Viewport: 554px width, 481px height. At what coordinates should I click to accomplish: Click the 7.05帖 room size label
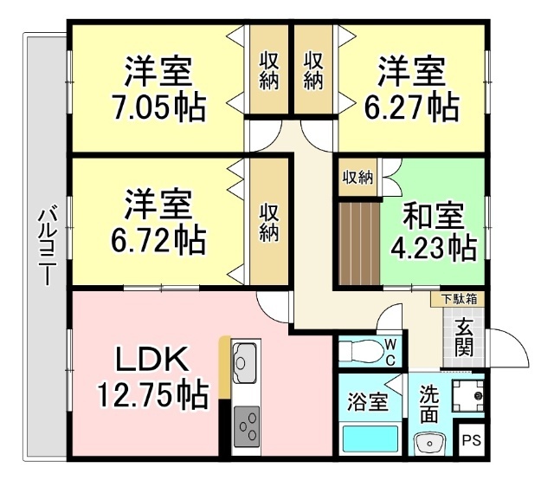158,107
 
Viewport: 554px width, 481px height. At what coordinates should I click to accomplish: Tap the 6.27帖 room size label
412,107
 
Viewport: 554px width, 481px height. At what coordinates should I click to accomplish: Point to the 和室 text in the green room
434,217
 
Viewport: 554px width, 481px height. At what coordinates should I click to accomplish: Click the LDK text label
152,360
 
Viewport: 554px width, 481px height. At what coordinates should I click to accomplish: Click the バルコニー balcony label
48,244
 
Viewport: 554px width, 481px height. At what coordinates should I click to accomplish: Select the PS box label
472,440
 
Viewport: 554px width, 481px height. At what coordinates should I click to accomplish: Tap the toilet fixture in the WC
360,350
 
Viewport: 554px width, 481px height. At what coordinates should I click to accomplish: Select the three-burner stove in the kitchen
247,426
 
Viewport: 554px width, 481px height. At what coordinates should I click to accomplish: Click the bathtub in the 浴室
370,439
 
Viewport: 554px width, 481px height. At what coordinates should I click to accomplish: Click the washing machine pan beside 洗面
468,395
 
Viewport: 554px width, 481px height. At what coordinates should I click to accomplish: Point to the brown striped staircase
360,244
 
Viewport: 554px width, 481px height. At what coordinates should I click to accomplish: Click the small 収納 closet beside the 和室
358,177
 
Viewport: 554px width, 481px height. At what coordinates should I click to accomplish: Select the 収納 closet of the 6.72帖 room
269,221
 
